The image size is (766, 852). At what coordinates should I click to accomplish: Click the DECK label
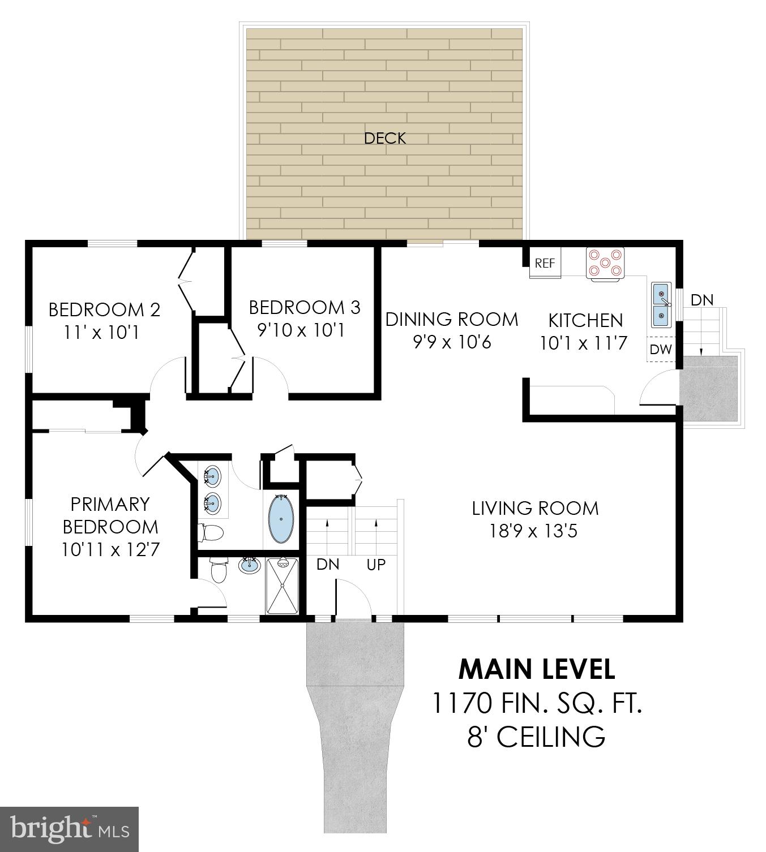(x=384, y=138)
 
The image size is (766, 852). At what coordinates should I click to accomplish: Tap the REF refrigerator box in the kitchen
(x=545, y=264)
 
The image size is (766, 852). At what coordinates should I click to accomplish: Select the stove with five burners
(x=605, y=264)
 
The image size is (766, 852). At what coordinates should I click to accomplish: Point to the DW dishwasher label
(x=660, y=350)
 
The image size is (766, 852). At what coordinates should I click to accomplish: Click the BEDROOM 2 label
(x=104, y=309)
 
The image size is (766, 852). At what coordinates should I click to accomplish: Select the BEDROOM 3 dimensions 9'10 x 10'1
(x=301, y=330)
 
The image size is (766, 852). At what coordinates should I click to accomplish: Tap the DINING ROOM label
(x=451, y=319)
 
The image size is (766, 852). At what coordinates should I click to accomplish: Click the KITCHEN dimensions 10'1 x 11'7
(x=584, y=343)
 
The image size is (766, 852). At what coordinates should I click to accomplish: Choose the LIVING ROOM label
(x=535, y=508)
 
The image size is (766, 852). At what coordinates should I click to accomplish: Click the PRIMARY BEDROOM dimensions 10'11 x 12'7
(x=110, y=549)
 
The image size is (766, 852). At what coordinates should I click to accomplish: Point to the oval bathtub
(x=281, y=518)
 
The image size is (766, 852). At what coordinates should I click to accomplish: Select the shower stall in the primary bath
(x=282, y=586)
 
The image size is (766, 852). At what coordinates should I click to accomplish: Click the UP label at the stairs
(x=376, y=564)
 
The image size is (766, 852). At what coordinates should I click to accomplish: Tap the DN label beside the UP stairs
(x=328, y=564)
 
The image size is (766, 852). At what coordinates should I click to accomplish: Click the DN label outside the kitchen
(x=702, y=300)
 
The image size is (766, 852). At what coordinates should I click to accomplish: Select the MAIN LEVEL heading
(x=536, y=669)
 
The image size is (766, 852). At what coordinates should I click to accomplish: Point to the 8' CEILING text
(x=536, y=737)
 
